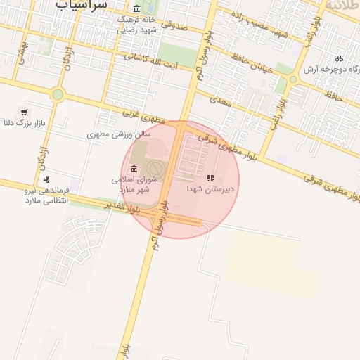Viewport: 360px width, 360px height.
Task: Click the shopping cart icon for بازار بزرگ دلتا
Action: click(25, 112)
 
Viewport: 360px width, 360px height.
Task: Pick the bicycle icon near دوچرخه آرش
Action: click(340, 58)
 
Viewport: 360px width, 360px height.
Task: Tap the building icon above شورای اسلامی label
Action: click(134, 168)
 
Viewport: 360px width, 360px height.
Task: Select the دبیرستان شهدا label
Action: click(214, 189)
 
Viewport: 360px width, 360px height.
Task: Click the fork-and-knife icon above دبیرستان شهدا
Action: click(210, 178)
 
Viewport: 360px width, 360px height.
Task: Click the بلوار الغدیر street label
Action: click(124, 206)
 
